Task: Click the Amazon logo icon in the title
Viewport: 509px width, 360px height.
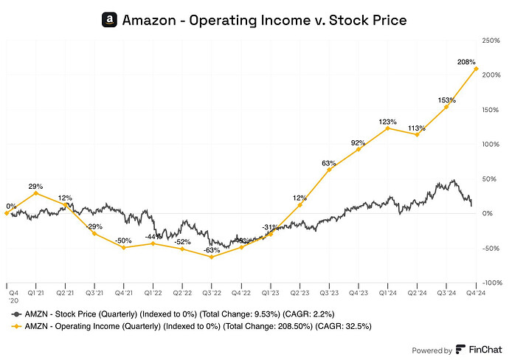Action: click(109, 20)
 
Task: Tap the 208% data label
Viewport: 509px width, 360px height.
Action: click(466, 63)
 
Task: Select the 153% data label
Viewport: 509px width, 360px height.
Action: click(446, 99)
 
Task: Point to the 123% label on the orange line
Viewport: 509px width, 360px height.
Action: click(388, 121)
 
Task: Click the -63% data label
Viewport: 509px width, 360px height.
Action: click(211, 249)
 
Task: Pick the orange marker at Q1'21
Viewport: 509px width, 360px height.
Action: click(35, 193)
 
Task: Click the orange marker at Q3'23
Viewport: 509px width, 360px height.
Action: click(329, 170)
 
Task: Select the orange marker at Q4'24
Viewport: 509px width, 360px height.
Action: click(476, 69)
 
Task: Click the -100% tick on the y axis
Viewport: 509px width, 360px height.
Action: click(491, 283)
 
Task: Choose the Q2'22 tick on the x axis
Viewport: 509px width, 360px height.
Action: click(182, 293)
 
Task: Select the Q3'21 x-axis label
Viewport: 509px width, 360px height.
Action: click(94, 293)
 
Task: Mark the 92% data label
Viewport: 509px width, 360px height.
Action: click(359, 142)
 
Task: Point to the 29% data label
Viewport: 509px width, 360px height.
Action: click(35, 184)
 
